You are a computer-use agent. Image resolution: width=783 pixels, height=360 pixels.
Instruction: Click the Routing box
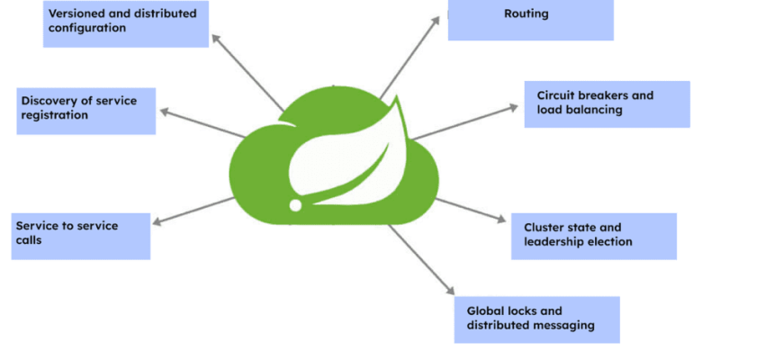[530, 20]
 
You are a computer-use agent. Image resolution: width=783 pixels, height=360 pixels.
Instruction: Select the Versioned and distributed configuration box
[126, 23]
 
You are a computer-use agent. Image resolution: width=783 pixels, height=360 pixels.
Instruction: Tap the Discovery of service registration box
[85, 111]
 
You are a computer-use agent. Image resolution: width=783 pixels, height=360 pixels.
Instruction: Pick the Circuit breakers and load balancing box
[607, 103]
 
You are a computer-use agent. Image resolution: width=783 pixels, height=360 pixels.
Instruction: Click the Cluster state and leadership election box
[593, 236]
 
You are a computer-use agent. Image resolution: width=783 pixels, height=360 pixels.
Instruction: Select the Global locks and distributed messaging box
[536, 319]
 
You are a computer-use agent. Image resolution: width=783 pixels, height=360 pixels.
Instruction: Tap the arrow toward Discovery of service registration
[202, 124]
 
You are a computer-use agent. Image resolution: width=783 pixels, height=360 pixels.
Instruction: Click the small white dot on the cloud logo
[295, 205]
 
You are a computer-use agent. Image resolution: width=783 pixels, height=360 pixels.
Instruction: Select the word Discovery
[48, 101]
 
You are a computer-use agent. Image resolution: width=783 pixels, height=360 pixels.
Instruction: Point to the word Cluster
[543, 228]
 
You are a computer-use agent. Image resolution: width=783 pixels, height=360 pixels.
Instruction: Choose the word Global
[485, 310]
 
